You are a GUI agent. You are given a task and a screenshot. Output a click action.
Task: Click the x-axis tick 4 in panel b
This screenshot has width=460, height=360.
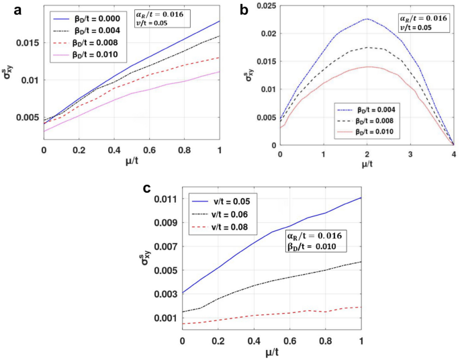point(453,154)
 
